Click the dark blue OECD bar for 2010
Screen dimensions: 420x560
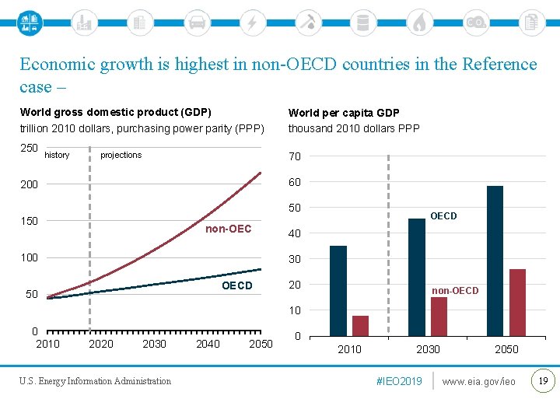[338, 291]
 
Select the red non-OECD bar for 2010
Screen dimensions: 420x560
[360, 326]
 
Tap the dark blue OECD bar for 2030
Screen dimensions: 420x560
[417, 277]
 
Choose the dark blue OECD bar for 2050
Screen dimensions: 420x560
[495, 261]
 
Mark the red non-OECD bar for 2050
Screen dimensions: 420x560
[517, 303]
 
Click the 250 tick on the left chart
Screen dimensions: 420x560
[29, 148]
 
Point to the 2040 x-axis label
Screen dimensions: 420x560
[208, 344]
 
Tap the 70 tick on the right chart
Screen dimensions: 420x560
[295, 156]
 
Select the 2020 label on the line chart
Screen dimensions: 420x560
[101, 344]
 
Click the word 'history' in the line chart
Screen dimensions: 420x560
[57, 155]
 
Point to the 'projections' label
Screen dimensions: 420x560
[121, 155]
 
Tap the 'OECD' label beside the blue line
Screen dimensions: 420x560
[237, 285]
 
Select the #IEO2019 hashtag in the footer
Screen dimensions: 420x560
[399, 381]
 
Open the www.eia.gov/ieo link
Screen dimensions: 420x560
[478, 381]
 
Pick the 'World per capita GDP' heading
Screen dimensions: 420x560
[344, 113]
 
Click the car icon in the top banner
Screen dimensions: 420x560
[197, 23]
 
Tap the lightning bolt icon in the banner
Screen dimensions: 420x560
[252, 23]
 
